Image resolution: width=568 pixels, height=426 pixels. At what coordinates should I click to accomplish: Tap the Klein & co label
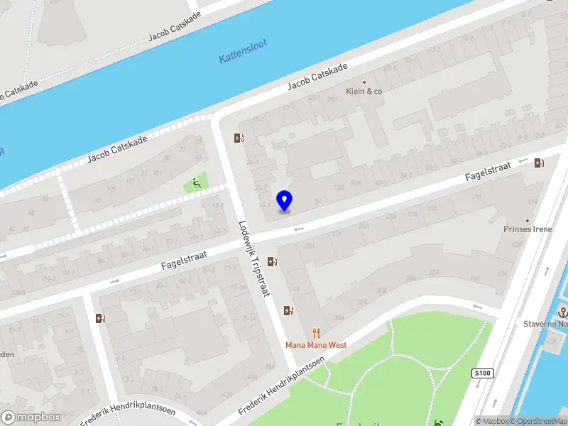point(364,91)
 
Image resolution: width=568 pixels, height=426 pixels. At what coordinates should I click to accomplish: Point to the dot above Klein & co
point(364,82)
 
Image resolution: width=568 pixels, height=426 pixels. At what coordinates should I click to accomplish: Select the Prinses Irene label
point(527,229)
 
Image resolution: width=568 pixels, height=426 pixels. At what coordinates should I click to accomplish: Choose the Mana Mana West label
point(316,345)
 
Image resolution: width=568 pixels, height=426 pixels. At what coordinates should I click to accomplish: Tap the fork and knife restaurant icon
point(316,333)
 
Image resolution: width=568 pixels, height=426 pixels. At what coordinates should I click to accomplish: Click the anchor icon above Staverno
point(563,312)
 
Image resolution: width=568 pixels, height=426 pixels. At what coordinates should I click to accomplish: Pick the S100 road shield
point(483,373)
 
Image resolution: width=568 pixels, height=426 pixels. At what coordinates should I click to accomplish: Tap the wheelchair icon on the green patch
point(197,184)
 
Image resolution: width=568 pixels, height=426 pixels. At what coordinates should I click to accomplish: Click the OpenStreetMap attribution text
point(537,421)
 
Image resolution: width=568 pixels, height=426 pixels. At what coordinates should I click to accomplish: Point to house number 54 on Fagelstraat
point(318,203)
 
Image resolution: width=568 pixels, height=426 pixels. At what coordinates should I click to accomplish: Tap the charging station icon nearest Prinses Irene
point(540,163)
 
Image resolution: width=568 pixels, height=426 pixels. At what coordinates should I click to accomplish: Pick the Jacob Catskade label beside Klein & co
point(317,77)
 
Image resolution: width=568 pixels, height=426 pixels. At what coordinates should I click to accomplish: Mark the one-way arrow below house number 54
point(299,229)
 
